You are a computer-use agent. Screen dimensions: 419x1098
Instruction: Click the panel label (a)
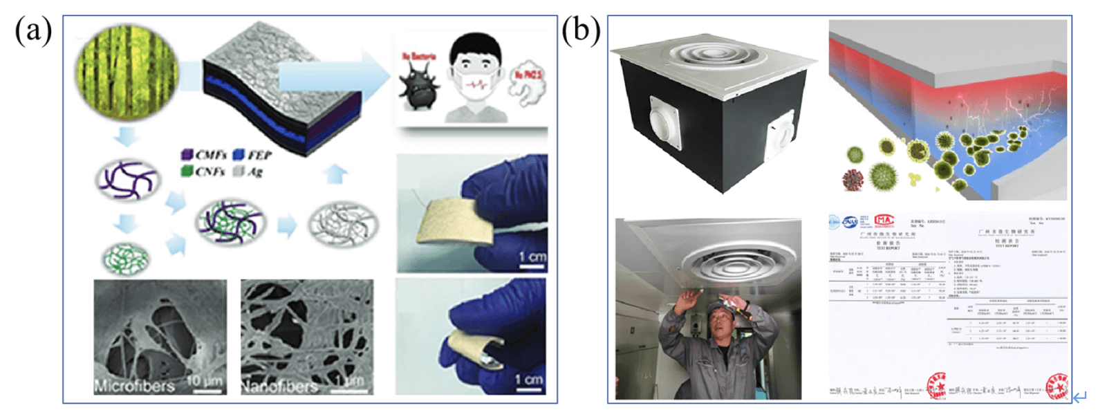click(33, 30)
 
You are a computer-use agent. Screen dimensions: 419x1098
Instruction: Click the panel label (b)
click(581, 30)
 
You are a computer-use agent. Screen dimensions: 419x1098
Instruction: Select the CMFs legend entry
click(205, 155)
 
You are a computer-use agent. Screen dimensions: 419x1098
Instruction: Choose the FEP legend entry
click(252, 155)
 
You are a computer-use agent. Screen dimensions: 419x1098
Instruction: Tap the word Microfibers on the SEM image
click(134, 385)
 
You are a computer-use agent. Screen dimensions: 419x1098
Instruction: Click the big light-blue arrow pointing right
click(332, 76)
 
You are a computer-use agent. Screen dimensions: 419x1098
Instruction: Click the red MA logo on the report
click(884, 221)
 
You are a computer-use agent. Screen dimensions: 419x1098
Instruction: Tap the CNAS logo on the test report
click(850, 221)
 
